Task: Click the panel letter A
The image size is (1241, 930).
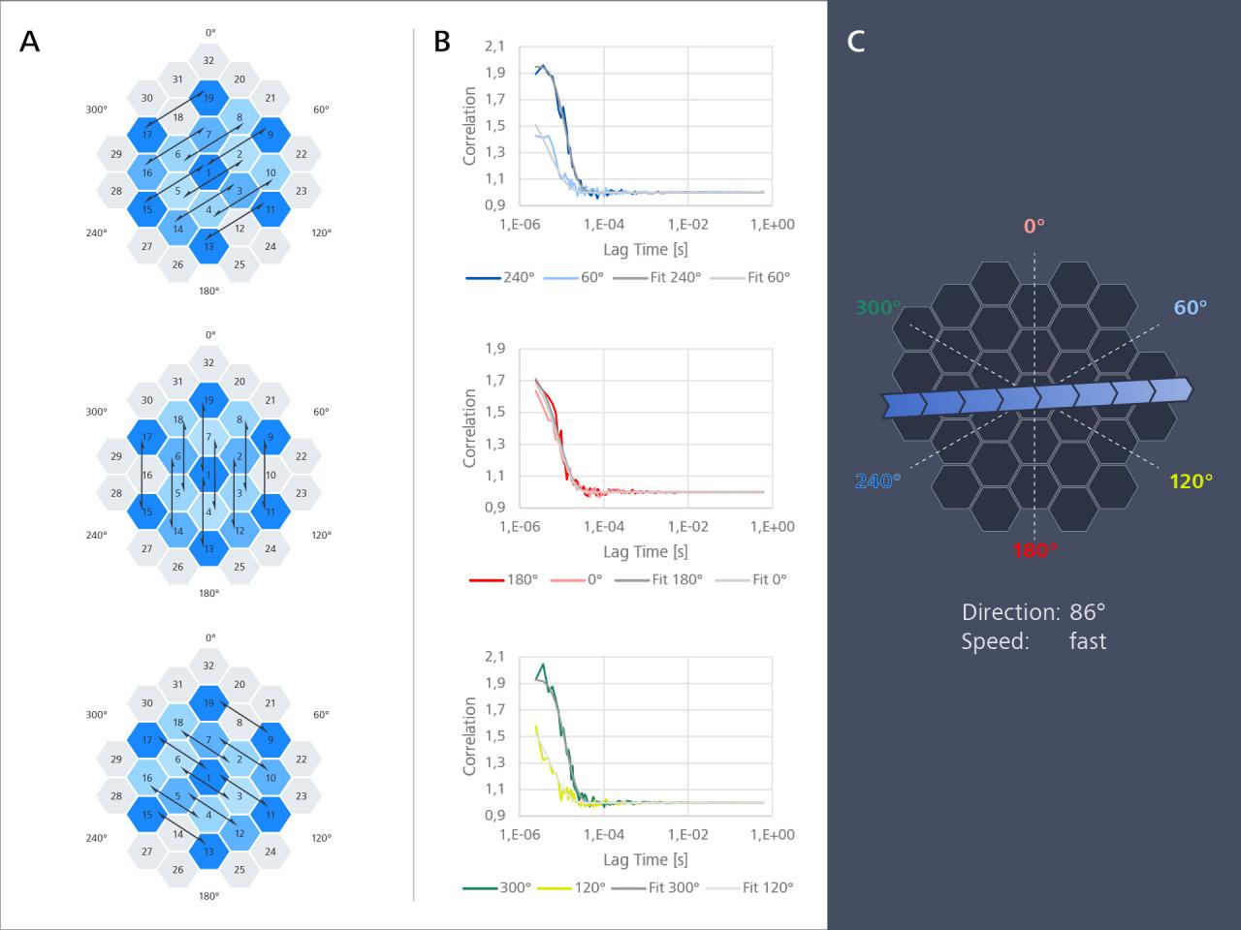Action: [x=30, y=42]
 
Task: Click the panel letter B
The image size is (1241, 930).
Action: [x=442, y=42]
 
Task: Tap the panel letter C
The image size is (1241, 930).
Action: [x=856, y=42]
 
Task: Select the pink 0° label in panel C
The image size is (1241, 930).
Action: [x=1034, y=226]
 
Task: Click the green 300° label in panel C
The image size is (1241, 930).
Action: [x=878, y=308]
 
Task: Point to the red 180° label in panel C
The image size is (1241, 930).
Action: [x=1034, y=550]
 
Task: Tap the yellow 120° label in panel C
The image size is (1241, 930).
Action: [x=1191, y=481]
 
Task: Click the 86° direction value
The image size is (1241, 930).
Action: [x=1087, y=612]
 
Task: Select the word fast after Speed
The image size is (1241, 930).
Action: [x=1088, y=641]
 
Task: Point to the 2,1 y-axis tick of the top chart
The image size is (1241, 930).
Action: [x=494, y=46]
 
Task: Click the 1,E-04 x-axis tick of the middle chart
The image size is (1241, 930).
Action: [x=604, y=526]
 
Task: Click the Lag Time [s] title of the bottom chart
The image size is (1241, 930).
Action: [x=645, y=859]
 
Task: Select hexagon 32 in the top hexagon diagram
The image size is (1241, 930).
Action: [x=208, y=60]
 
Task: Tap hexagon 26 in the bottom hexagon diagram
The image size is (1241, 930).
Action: [x=177, y=870]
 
